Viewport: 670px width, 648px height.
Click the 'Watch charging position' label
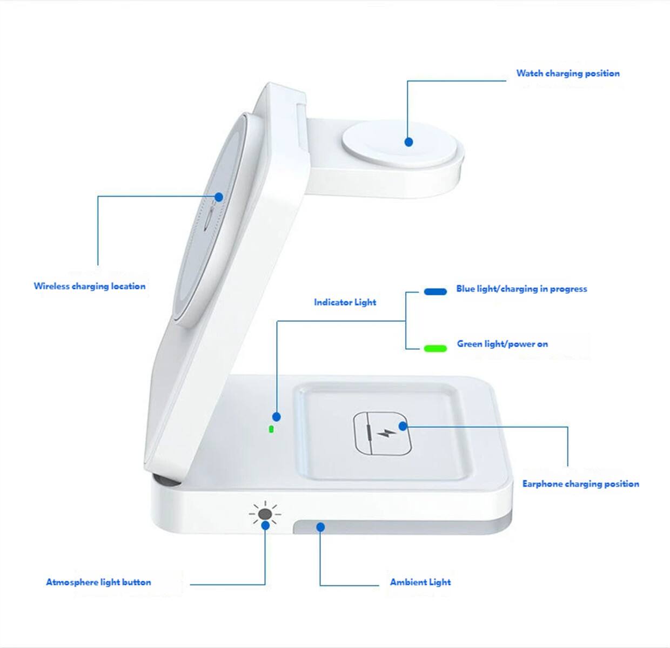point(567,73)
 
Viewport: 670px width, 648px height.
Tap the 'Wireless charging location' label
point(90,286)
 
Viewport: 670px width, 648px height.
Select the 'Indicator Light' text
point(345,302)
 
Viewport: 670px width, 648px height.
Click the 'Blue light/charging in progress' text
point(521,289)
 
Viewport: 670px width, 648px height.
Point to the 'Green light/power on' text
point(502,344)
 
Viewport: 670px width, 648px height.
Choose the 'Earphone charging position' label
point(580,484)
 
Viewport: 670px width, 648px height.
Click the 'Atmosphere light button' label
point(98,582)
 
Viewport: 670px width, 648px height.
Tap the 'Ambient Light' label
point(420,582)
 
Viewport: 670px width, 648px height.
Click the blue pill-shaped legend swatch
point(435,292)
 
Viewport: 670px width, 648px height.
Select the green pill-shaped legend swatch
point(435,348)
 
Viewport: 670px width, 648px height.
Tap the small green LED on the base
point(271,430)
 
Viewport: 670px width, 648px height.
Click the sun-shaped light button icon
point(265,514)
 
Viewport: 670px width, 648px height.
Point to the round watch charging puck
point(400,143)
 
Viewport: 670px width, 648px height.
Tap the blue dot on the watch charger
point(409,142)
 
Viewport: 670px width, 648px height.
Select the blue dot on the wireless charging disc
point(219,197)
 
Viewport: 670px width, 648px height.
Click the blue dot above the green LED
point(277,417)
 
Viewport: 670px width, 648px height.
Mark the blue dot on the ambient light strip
point(320,526)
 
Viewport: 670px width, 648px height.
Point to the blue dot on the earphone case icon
point(403,426)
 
